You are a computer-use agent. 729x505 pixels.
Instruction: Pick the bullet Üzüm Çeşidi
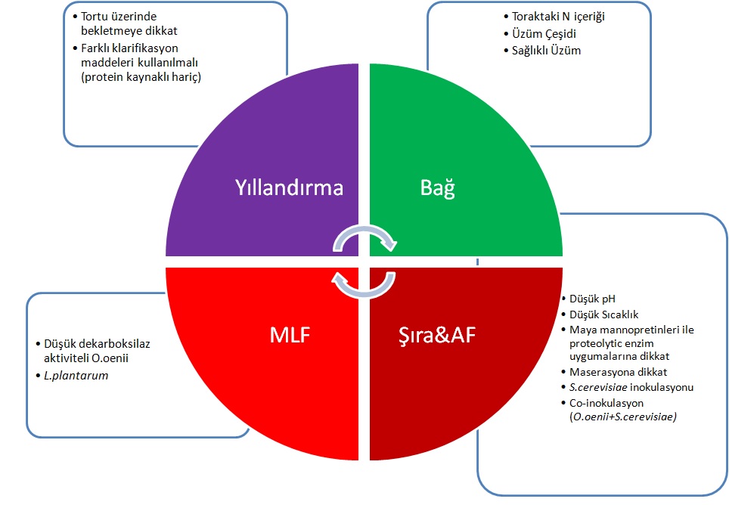[x=542, y=35]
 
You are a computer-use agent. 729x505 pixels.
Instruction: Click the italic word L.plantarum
[x=77, y=375]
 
